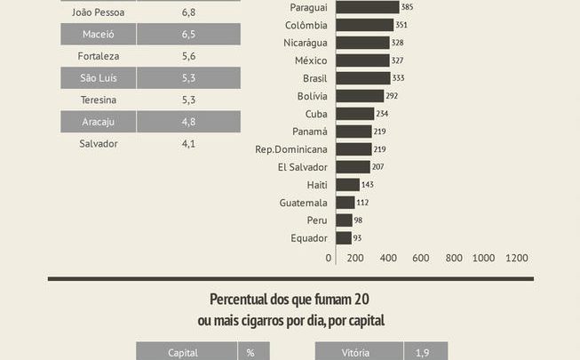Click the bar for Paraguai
pyautogui.click(x=364, y=7)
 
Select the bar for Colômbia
pyautogui.click(x=362, y=25)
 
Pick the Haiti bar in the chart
pyautogui.click(x=346, y=184)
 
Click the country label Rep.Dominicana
pyautogui.click(x=290, y=149)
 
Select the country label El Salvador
pyautogui.click(x=302, y=167)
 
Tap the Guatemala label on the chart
pyautogui.click(x=303, y=203)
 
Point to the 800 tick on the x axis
pyautogui.click(x=454, y=258)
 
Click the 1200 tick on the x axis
pyautogui.click(x=516, y=258)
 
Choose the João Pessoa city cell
pyautogui.click(x=98, y=13)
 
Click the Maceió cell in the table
pyautogui.click(x=98, y=35)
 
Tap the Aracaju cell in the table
pyautogui.click(x=98, y=122)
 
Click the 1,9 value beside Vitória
pyautogui.click(x=423, y=352)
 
